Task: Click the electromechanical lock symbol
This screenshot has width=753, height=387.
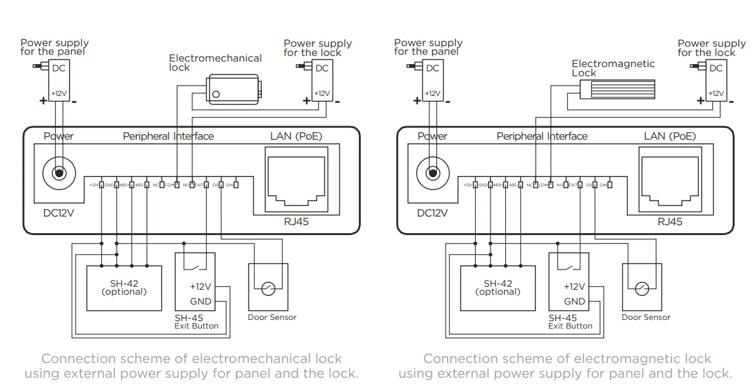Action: [233, 87]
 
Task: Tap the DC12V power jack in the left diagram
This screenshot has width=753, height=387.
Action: [58, 173]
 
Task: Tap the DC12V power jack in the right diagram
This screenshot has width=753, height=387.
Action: [432, 173]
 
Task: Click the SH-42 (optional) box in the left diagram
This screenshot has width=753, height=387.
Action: [124, 287]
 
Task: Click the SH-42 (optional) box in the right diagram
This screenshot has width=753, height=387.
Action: [498, 287]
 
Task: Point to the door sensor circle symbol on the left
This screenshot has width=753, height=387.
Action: [268, 288]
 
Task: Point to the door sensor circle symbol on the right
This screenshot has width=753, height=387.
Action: [642, 288]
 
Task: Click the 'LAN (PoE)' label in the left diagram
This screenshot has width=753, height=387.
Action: [296, 136]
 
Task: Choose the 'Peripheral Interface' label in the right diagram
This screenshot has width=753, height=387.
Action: [542, 136]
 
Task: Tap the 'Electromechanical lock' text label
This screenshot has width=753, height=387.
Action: [215, 62]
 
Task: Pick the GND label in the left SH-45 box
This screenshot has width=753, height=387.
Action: [200, 301]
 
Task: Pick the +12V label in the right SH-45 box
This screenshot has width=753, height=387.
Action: [574, 287]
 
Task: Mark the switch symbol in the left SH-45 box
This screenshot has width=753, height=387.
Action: [195, 265]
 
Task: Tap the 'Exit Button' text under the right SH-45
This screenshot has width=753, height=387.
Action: [570, 326]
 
